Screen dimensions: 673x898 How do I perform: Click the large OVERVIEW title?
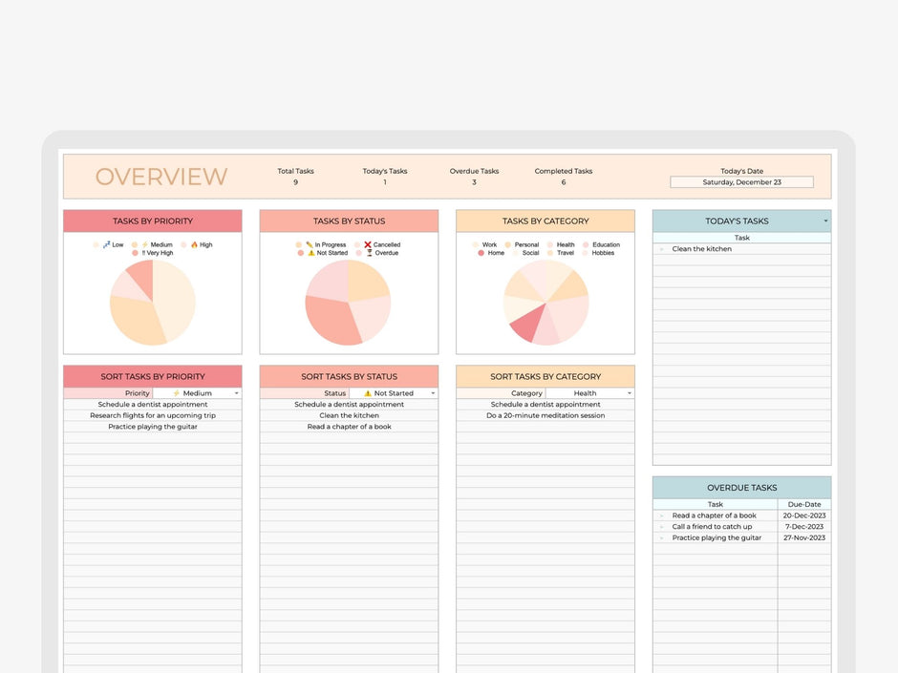pos(160,177)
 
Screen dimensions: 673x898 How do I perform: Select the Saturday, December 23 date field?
pos(741,182)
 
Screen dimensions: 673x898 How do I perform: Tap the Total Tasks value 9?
pos(295,182)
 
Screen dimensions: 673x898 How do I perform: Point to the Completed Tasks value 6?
pos(563,182)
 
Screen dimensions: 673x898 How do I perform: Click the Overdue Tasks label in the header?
pos(474,172)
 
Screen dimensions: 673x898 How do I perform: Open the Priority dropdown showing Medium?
pos(198,393)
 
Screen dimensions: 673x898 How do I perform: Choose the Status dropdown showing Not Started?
pos(394,393)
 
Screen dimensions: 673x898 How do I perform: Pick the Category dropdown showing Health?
pos(590,393)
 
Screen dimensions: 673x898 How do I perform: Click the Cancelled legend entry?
pos(382,245)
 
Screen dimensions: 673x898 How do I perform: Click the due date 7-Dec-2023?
pos(803,527)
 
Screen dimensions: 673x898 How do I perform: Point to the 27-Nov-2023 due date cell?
pos(803,538)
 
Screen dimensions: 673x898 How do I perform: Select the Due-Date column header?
pos(803,504)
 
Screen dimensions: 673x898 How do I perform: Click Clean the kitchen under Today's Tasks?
pos(701,249)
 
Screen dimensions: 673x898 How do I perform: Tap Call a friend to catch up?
pos(712,527)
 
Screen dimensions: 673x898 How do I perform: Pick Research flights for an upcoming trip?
pos(153,416)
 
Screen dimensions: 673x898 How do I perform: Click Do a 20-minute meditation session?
pos(545,416)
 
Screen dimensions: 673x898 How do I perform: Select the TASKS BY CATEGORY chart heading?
pos(545,221)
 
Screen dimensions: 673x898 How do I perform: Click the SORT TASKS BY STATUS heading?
pos(349,377)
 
